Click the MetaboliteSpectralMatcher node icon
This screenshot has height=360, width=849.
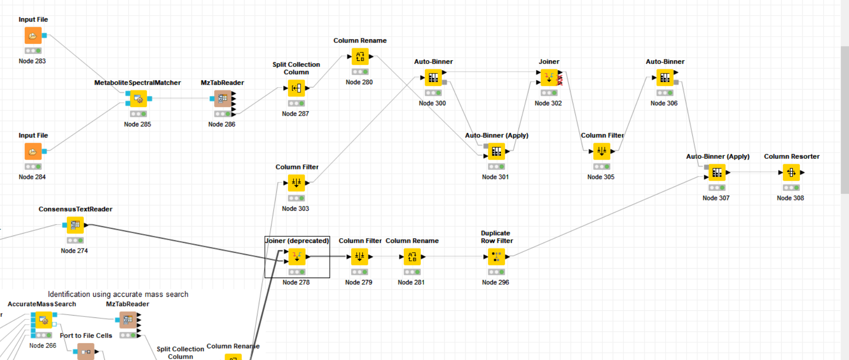pos(138,99)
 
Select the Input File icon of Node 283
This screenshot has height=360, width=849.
pos(33,36)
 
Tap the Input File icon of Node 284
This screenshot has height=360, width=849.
pos(33,152)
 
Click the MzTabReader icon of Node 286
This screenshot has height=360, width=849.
pos(222,99)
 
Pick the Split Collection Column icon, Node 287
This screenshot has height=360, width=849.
pos(296,88)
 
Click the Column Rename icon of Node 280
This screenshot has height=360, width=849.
pos(360,57)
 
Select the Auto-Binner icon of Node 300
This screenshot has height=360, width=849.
pos(433,78)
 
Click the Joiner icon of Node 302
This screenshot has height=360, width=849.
pos(549,78)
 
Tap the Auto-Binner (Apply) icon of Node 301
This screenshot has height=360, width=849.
pos(496,152)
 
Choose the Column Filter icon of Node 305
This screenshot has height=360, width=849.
pos(602,152)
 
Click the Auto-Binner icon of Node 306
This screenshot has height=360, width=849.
pos(665,78)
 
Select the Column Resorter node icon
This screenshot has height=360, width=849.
pos(791,173)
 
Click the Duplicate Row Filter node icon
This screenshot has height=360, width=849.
pos(496,257)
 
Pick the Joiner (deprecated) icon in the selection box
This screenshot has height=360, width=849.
pos(297,257)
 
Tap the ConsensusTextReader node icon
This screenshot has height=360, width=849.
pos(75,225)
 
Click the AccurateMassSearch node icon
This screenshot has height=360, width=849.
pos(44,320)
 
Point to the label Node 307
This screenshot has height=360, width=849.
pos(716,198)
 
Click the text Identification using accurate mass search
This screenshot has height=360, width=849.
pos(118,294)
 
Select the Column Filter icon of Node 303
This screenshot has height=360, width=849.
pos(296,183)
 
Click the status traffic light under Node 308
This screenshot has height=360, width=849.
pos(791,188)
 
